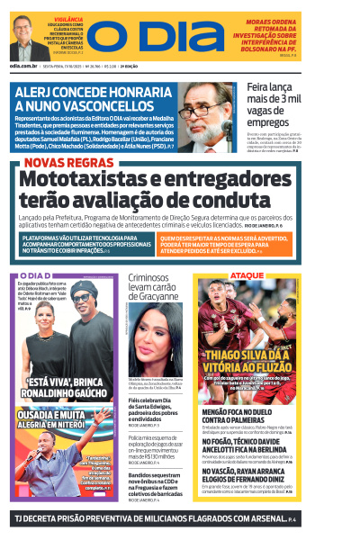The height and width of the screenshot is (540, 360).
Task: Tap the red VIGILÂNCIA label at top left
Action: tap(68, 18)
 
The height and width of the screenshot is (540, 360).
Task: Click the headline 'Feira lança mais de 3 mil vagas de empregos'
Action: tap(278, 103)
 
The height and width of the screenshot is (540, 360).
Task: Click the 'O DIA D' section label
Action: tap(35, 275)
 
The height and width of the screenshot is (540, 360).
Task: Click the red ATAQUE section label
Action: tap(248, 275)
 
